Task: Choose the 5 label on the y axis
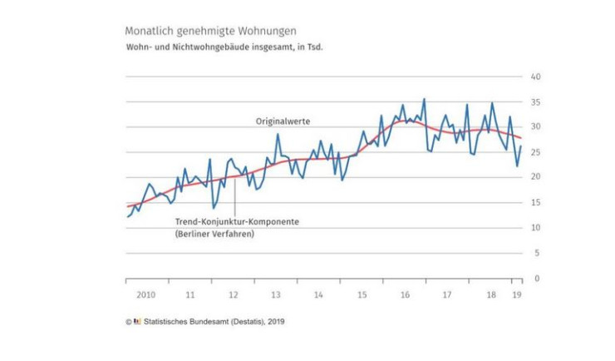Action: pyautogui.click(x=538, y=253)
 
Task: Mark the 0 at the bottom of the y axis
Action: pyautogui.click(x=538, y=278)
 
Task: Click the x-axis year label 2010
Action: pyautogui.click(x=146, y=294)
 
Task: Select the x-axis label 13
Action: pyautogui.click(x=276, y=294)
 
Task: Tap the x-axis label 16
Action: pyautogui.click(x=404, y=294)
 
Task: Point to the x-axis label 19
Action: pyautogui.click(x=516, y=294)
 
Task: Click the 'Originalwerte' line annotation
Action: pyautogui.click(x=283, y=121)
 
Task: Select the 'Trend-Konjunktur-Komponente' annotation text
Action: pyautogui.click(x=237, y=222)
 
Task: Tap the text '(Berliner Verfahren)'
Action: pyautogui.click(x=214, y=235)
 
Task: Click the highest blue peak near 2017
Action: pyautogui.click(x=424, y=99)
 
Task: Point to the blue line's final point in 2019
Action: pyautogui.click(x=521, y=146)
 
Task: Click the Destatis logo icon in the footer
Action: pyautogui.click(x=137, y=320)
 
